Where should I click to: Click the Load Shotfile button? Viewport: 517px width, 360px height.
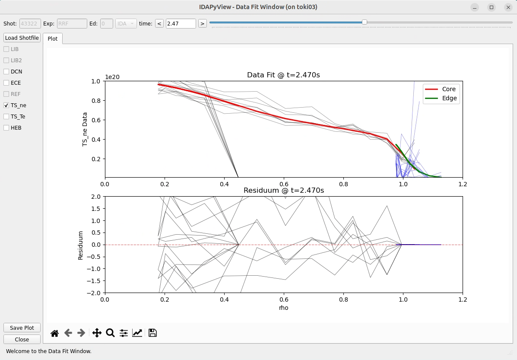click(x=22, y=38)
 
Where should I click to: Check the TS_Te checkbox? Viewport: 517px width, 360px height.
click(x=6, y=116)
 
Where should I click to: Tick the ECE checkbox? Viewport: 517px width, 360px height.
click(x=6, y=83)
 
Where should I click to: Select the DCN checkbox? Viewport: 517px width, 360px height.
click(x=6, y=71)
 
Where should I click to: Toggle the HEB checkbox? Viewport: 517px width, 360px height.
click(x=6, y=127)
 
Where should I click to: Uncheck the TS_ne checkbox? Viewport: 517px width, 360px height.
click(x=6, y=105)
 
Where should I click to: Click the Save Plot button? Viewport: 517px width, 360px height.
click(x=22, y=328)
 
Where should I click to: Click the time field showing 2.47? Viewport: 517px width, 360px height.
click(x=181, y=23)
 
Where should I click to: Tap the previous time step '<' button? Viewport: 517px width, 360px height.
click(x=159, y=23)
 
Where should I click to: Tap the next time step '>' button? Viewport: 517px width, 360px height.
click(x=202, y=23)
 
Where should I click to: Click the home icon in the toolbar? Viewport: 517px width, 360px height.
click(x=54, y=333)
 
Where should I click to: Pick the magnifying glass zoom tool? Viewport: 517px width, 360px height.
click(x=110, y=333)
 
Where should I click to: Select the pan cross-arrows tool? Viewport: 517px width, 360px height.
click(x=97, y=333)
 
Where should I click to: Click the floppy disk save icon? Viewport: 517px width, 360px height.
click(x=152, y=333)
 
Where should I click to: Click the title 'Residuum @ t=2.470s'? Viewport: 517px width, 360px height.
click(x=284, y=190)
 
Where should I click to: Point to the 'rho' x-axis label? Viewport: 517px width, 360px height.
click(x=283, y=308)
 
